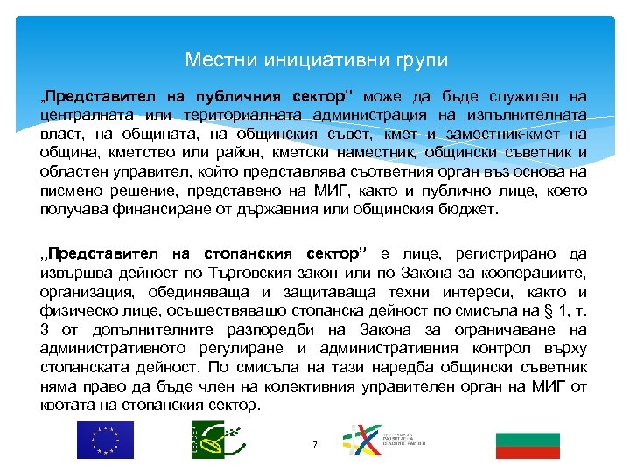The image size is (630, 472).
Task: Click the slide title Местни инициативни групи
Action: [316, 60]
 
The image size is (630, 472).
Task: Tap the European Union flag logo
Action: [105, 439]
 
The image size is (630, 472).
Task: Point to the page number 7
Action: [314, 445]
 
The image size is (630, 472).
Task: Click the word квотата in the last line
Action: [67, 406]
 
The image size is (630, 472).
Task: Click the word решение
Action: [136, 191]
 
